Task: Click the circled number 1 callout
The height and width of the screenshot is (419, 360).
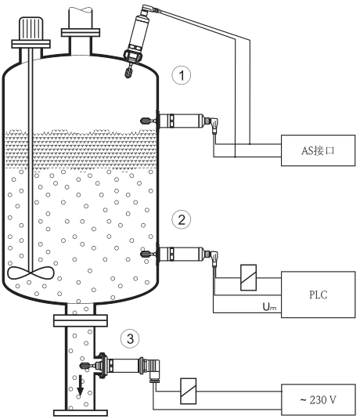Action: click(182, 75)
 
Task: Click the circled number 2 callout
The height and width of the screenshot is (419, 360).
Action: click(182, 219)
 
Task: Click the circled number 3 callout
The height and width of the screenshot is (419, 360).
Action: click(130, 338)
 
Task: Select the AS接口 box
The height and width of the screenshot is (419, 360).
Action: click(318, 150)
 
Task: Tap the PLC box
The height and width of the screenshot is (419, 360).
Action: click(318, 294)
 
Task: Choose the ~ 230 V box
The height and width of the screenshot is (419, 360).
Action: click(318, 399)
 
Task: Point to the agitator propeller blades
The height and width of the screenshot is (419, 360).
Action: click(31, 273)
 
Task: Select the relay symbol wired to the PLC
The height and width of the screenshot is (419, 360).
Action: click(248, 278)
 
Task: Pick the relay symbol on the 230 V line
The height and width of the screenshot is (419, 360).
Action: click(189, 392)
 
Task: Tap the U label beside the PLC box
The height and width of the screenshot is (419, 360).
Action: click(269, 307)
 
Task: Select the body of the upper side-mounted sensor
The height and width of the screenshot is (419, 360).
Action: click(181, 121)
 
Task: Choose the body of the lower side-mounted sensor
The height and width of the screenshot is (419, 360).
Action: click(181, 254)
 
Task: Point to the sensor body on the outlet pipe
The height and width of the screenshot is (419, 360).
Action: click(124, 365)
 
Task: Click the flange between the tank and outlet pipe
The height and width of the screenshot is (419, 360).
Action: click(81, 320)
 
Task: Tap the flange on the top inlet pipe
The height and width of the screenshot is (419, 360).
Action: click(81, 32)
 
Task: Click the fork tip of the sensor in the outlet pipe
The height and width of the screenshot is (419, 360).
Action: click(85, 366)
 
